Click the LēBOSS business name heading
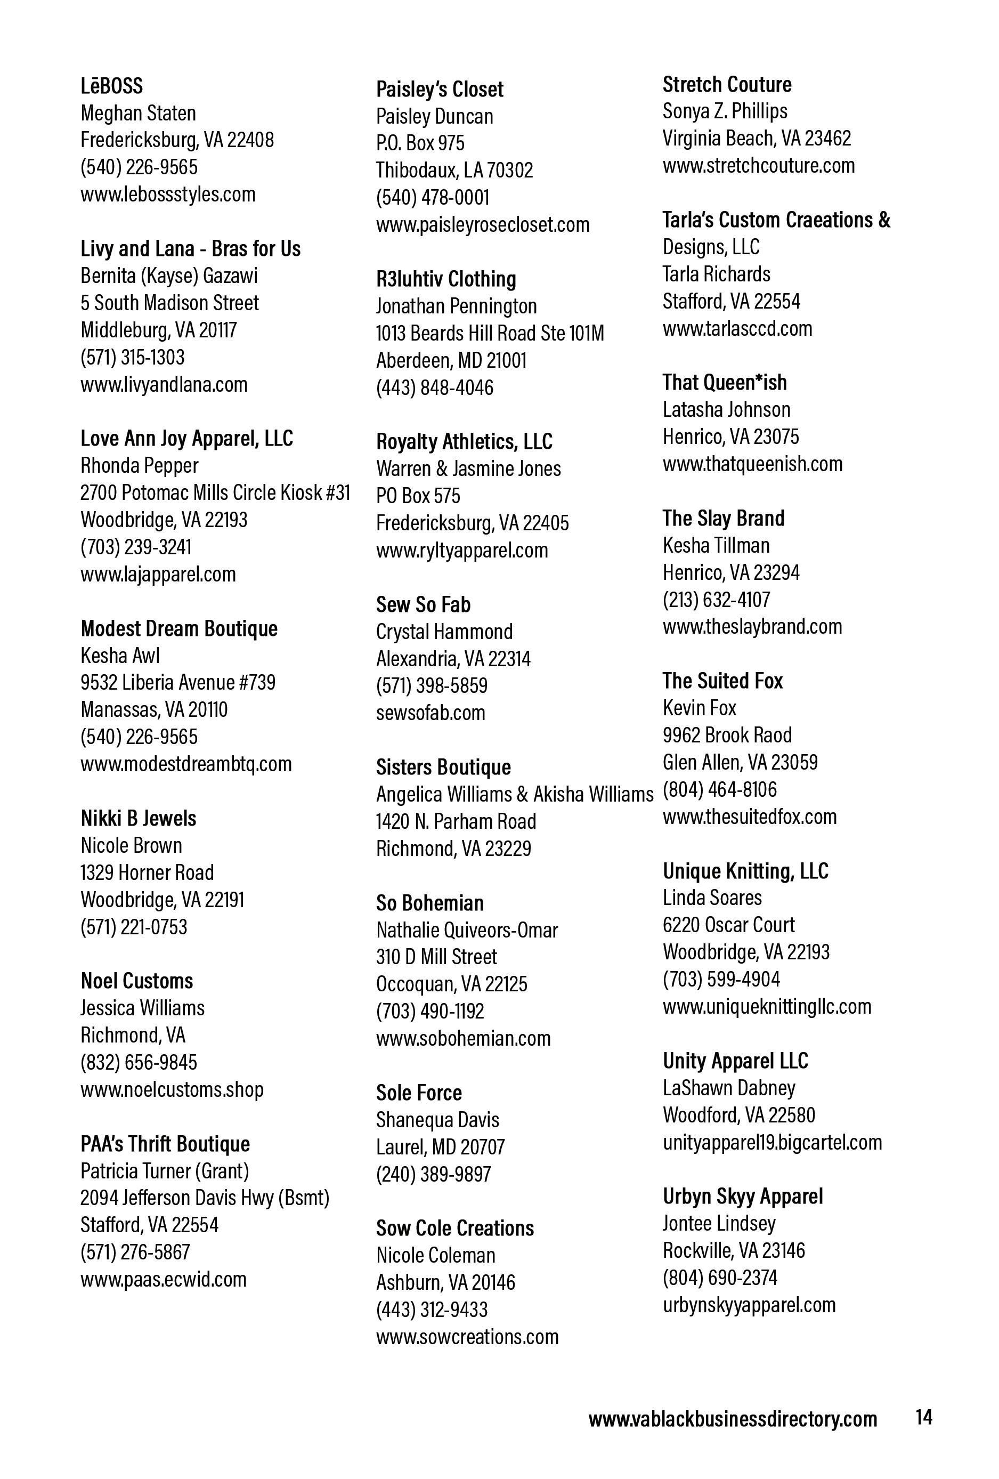[111, 86]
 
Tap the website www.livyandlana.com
[164, 384]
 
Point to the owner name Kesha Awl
[120, 656]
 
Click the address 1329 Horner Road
[147, 872]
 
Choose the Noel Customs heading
[137, 981]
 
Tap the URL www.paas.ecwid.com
[163, 1279]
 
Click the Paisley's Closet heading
[439, 89]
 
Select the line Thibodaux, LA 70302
[454, 170]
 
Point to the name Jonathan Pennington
[456, 306]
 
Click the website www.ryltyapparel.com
[461, 550]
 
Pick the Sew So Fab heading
[423, 604]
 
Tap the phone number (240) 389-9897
[433, 1174]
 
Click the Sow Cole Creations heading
[454, 1227]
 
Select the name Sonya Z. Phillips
[725, 111]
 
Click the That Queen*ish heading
[724, 383]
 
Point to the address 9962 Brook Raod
[727, 735]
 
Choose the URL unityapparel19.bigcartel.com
[772, 1142]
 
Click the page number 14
[924, 1417]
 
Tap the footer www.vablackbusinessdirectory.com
[733, 1419]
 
